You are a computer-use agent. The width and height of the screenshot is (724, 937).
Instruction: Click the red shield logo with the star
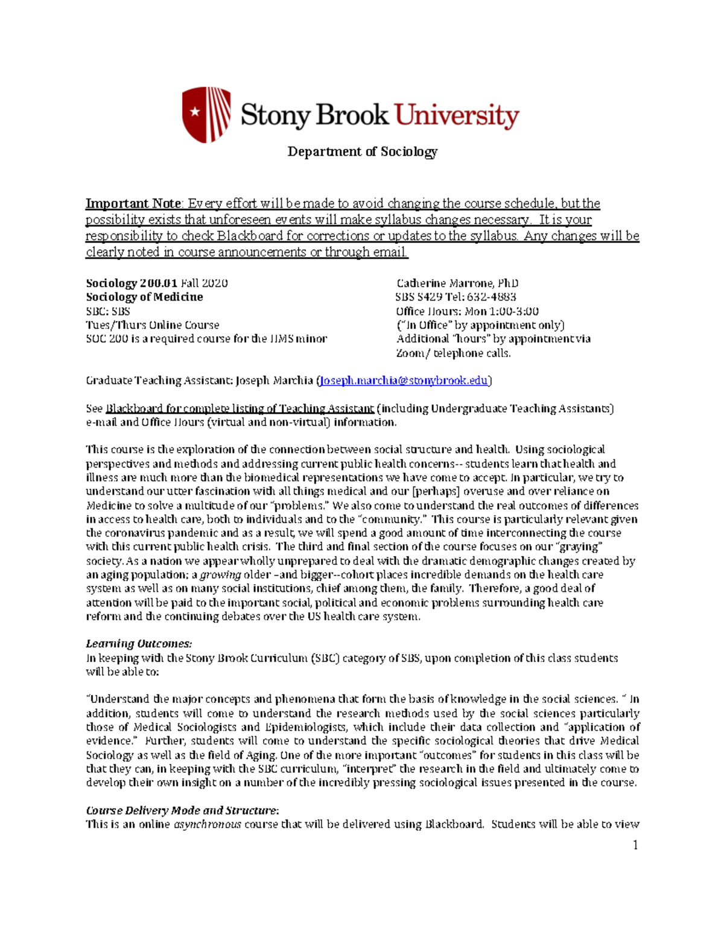coord(206,114)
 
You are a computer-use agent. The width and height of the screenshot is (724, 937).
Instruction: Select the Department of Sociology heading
coord(362,151)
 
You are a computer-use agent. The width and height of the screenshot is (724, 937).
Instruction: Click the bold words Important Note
coord(133,204)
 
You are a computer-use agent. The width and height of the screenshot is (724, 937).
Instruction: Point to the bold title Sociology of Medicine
coord(144,297)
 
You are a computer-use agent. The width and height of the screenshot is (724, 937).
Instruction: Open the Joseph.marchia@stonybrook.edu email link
coord(404,381)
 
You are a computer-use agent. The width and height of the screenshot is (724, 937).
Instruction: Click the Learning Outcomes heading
coord(139,644)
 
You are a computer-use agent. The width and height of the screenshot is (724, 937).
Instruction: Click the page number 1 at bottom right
coord(635,845)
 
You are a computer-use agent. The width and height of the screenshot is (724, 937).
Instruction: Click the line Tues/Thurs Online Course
coord(152,325)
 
